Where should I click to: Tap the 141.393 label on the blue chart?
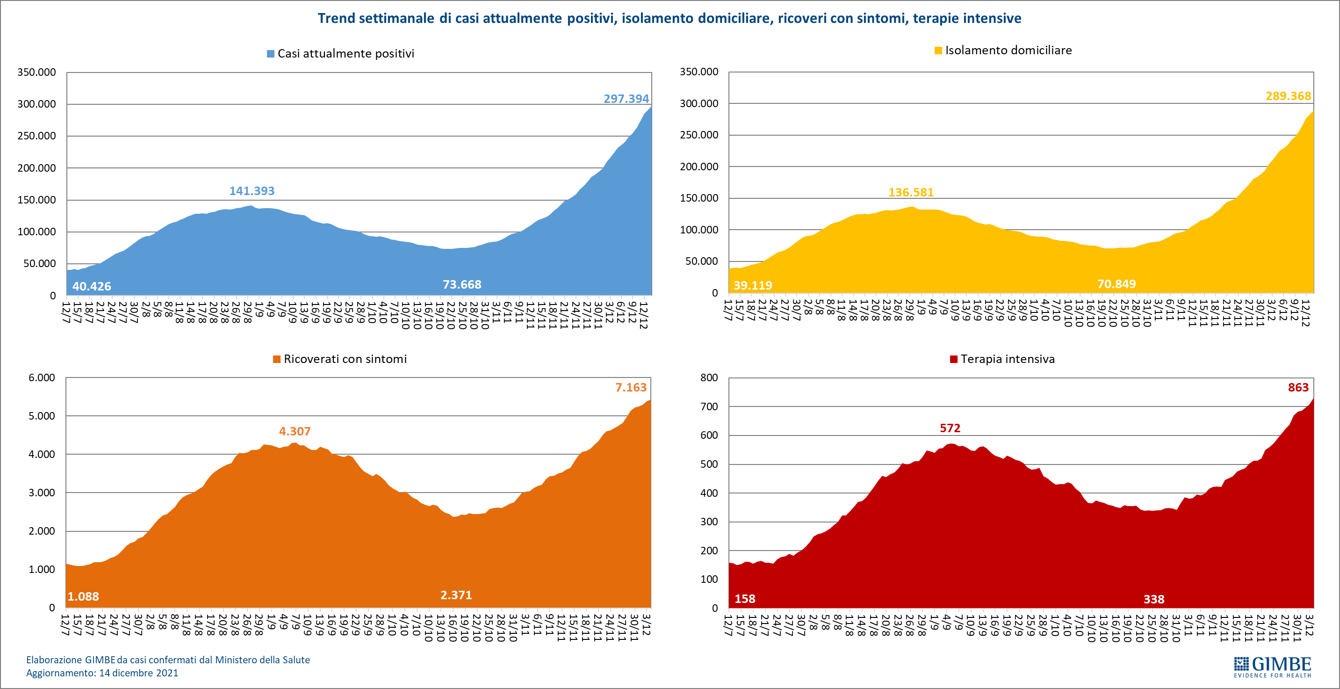[252, 191]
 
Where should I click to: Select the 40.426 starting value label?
[92, 286]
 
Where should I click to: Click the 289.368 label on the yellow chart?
[1288, 96]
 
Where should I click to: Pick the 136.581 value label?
[911, 193]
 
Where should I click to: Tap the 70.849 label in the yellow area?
[1117, 284]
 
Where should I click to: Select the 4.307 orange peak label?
[295, 431]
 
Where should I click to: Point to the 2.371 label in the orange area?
[456, 595]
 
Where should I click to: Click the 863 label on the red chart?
[1298, 387]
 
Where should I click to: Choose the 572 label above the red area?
[950, 428]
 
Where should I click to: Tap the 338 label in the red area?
[1154, 600]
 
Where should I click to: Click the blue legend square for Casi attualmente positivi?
[271, 54]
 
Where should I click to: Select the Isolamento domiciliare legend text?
[1008, 51]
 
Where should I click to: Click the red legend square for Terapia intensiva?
[953, 359]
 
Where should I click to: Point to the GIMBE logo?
[1272, 667]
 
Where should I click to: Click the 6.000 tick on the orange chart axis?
[42, 378]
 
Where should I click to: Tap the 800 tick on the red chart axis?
[708, 378]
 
